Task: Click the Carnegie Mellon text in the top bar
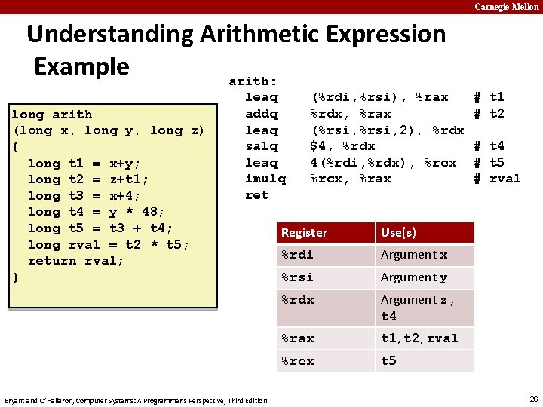pos(506,7)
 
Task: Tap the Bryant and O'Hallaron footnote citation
pos(136,399)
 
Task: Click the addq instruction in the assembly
pos(261,113)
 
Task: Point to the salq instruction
pos(261,146)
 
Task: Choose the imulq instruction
pos(265,179)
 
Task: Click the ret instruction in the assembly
pos(256,195)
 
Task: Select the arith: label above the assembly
pos(253,81)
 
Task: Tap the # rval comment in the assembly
pos(496,179)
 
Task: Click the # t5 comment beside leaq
pos(488,162)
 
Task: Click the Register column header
pos(304,233)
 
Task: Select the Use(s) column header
pos(398,233)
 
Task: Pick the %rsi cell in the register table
pos(297,277)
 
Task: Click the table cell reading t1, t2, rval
pos(419,338)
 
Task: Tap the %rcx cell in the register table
pos(297,361)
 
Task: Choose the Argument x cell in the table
pos(414,255)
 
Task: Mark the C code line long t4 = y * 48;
pos(96,212)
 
